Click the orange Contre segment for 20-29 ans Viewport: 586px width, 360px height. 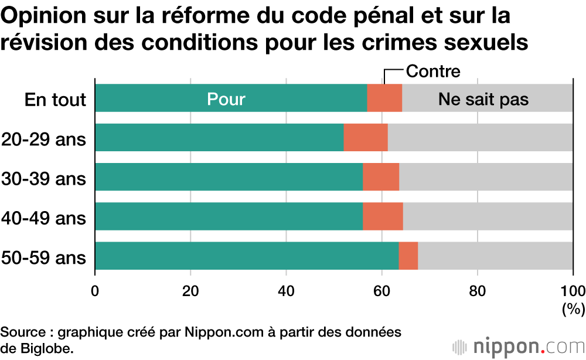coord(366,138)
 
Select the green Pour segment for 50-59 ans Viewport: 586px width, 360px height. coord(247,256)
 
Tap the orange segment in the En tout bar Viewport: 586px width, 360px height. coord(384,98)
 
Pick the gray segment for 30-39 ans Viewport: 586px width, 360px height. coord(486,177)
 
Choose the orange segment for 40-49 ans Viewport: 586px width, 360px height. coord(383,216)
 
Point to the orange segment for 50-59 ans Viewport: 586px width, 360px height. coord(408,256)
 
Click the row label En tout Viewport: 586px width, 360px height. coord(56,100)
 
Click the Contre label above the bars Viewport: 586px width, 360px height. coord(433,72)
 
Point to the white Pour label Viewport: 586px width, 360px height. coord(226,100)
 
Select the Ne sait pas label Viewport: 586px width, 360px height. coord(483,100)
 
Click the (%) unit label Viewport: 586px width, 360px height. coord(573,308)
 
